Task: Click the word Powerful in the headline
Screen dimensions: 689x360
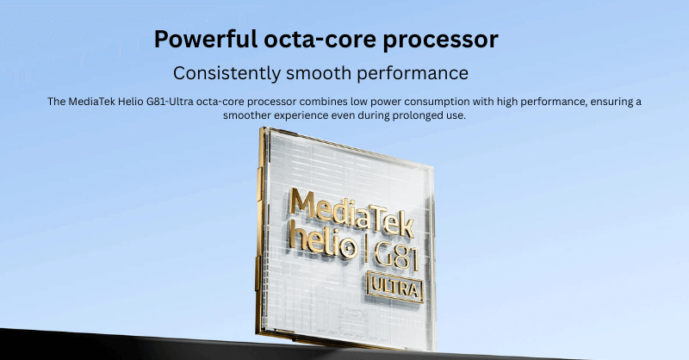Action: (x=206, y=39)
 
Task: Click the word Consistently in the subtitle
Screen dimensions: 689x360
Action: (x=227, y=73)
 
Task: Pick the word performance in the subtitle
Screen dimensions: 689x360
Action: (x=413, y=74)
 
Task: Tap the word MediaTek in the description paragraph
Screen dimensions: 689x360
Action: (x=91, y=102)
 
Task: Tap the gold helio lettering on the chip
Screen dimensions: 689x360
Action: (x=322, y=243)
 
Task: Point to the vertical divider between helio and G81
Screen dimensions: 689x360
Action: (x=363, y=251)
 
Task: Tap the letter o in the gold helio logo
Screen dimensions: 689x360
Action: (x=348, y=250)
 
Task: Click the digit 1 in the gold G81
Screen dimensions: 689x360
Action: (x=413, y=260)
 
